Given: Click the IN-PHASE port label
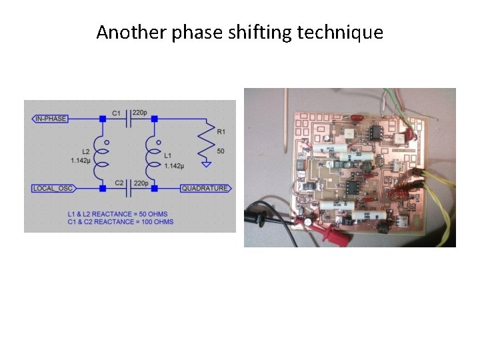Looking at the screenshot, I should pos(50,119).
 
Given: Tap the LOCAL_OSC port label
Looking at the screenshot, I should pos(53,189).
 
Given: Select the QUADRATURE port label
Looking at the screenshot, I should pos(205,189).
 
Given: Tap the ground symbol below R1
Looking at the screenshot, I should pos(207,164).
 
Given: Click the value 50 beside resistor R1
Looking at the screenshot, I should pos(221,152).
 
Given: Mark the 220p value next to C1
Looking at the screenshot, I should pos(141,113).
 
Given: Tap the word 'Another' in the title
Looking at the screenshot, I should pos(132,32).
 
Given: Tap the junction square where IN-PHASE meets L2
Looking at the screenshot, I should pos(102,119).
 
